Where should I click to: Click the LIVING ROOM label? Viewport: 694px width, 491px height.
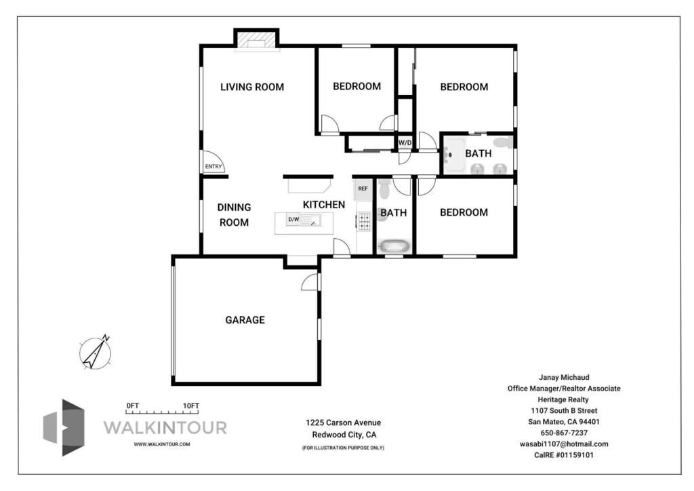252,87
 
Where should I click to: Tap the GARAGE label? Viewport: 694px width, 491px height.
245,319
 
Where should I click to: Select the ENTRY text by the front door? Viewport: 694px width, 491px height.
213,166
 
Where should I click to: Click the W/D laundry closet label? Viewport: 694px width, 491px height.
405,142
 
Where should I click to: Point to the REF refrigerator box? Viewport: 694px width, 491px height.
363,189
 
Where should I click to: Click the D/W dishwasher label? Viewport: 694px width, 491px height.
293,219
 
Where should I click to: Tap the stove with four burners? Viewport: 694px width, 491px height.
364,221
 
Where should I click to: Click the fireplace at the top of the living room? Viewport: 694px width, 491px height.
256,39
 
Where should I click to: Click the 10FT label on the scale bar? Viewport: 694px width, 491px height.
191,406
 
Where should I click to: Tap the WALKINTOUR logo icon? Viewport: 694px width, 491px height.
64,428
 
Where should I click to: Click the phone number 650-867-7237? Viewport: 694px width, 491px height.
564,433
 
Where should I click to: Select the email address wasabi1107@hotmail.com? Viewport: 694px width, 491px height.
564,444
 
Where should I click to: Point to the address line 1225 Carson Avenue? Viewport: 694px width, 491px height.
343,423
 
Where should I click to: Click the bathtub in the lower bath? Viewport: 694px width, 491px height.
394,245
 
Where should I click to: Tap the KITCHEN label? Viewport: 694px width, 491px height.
324,205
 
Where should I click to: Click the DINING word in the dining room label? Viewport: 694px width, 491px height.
234,208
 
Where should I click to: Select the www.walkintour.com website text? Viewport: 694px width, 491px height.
162,444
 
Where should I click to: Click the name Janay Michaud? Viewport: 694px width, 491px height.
564,377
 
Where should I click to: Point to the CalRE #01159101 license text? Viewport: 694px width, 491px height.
564,454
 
